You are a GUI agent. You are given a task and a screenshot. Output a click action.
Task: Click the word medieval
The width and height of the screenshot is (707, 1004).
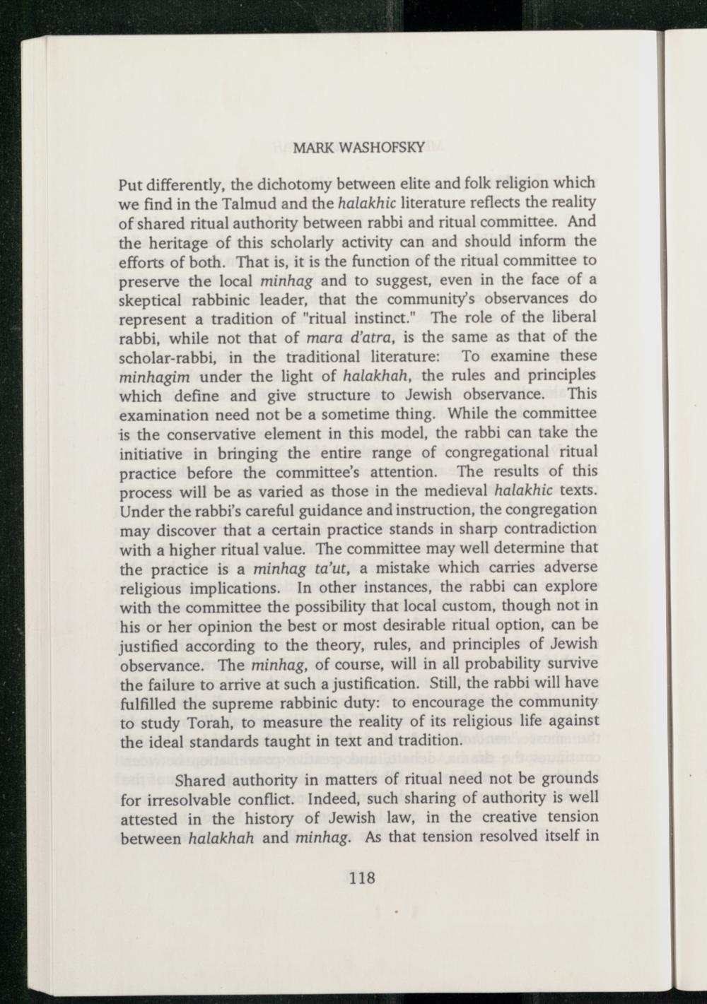point(451,490)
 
